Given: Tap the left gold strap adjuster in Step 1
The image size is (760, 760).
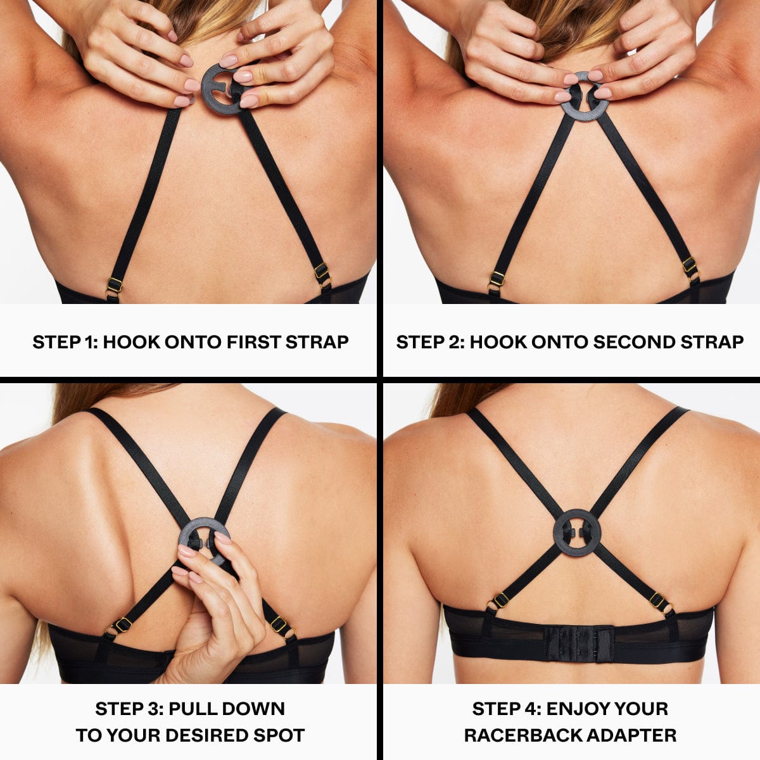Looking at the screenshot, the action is coord(113,288).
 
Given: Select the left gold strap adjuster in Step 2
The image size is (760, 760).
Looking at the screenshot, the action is coord(497,281).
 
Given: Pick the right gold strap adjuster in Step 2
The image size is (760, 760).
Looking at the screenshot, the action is coord(690,267).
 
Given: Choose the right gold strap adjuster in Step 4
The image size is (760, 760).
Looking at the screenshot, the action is coord(661,604).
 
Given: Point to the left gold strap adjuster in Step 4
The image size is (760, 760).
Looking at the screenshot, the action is coord(498,603).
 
